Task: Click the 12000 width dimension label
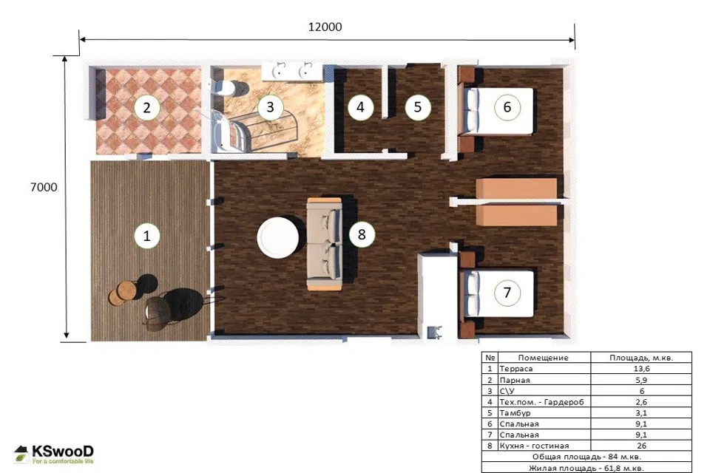tap(325, 27)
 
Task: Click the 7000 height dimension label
tap(44, 187)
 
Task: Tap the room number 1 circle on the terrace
tap(146, 236)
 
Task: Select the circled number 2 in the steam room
tap(146, 108)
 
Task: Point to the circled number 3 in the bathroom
tap(271, 107)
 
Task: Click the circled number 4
tap(360, 107)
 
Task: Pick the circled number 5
tap(417, 107)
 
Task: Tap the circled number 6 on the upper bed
tap(507, 107)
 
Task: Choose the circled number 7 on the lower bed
tap(507, 293)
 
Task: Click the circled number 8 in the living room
tap(362, 234)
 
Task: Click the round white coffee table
tap(278, 238)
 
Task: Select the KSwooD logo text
tap(62, 452)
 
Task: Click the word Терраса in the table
tap(515, 369)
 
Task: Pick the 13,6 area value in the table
tap(641, 369)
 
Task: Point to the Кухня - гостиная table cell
tap(534, 446)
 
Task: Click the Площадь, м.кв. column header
tap(641, 358)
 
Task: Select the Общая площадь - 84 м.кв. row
tap(586, 457)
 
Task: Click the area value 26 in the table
tap(641, 446)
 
